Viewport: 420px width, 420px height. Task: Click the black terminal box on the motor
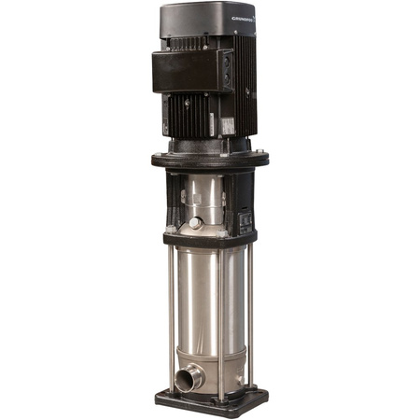(x=191, y=70)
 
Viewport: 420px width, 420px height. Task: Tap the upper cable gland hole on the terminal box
(x=226, y=58)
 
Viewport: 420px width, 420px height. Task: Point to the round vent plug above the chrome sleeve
(x=194, y=222)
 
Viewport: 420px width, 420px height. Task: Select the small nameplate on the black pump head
(x=246, y=220)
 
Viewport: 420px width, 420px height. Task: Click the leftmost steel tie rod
(x=170, y=308)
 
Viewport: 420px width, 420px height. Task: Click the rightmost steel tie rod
(x=250, y=308)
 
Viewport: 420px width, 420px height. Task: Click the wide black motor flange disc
(x=210, y=159)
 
